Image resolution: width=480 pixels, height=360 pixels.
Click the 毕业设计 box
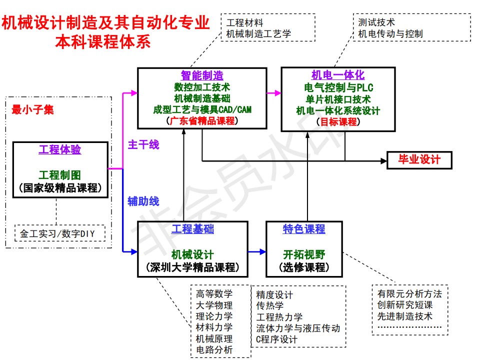point(419,160)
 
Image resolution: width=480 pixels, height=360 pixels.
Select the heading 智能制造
point(202,75)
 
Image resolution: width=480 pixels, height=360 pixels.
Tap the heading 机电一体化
point(338,75)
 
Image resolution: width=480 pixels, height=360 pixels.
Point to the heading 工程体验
point(60,149)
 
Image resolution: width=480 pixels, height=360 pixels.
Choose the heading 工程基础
point(192,229)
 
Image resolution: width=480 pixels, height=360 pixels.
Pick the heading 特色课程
point(304,229)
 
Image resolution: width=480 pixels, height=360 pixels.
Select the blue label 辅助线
point(143,201)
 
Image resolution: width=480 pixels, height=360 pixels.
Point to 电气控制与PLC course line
point(338,87)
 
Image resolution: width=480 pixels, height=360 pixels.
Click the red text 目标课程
point(338,121)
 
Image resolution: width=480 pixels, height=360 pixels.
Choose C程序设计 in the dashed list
point(276,339)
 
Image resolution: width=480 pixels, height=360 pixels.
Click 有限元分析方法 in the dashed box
point(409,293)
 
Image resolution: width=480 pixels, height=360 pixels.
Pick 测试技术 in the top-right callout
point(376,22)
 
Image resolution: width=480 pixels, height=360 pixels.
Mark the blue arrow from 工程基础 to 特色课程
point(257,251)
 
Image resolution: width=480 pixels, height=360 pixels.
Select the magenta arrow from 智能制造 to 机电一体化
point(274,92)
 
